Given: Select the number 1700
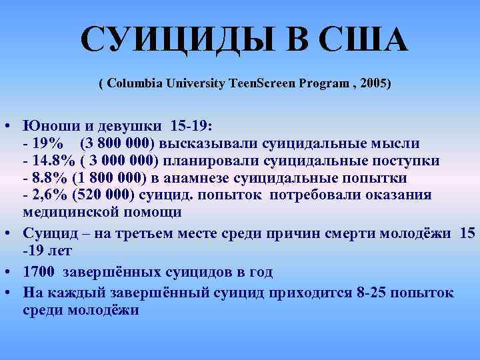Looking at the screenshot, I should (x=39, y=273).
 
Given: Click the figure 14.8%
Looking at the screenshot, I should (x=50, y=161).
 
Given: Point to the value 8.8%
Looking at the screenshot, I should (x=45, y=178).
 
